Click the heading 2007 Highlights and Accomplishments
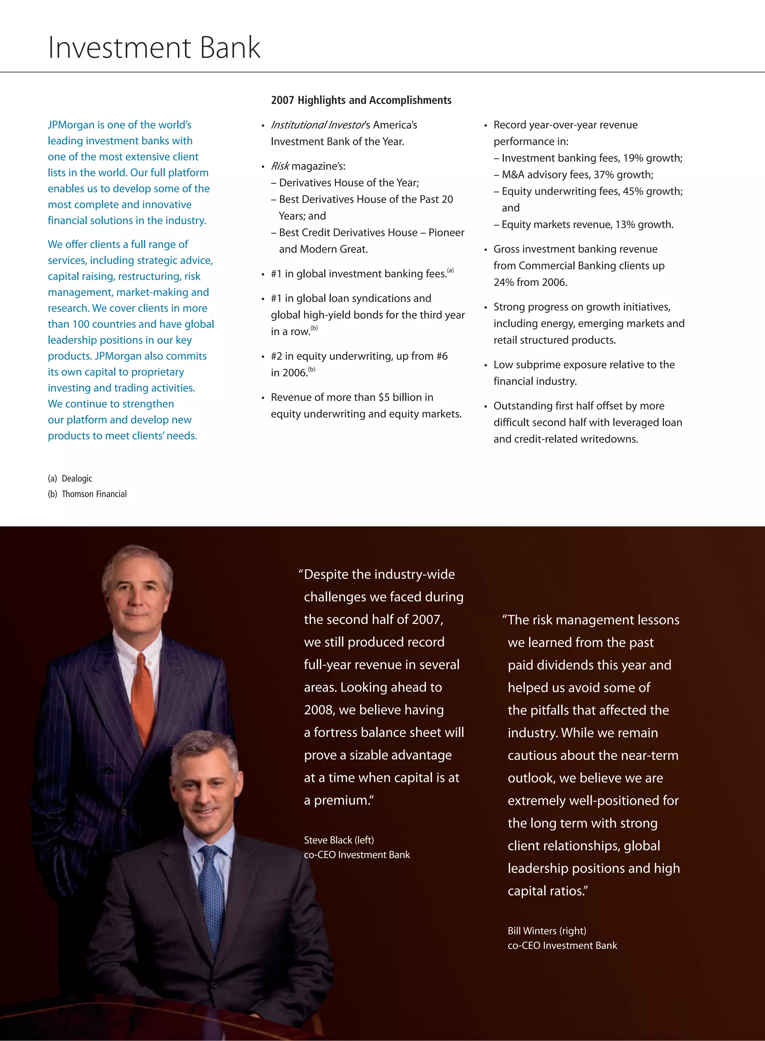(361, 100)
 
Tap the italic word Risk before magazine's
(280, 166)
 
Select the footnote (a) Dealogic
(70, 479)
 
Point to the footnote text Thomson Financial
(94, 494)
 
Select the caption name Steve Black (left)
(338, 840)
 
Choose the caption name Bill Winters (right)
(546, 931)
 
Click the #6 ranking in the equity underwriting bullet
(442, 356)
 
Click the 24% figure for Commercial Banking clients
(504, 282)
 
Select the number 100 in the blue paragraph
(81, 324)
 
